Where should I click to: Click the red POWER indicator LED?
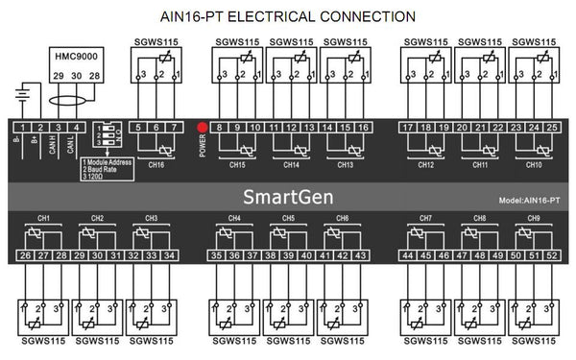[203, 127]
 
